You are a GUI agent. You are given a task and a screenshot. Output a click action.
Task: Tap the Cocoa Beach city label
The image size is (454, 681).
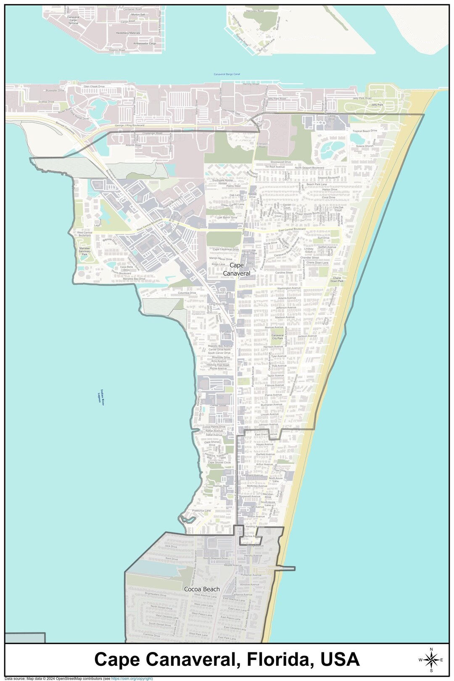point(202,589)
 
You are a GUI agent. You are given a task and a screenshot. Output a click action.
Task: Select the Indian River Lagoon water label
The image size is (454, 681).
point(100,395)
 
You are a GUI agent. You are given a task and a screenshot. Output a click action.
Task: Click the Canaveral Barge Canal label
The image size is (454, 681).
point(227,74)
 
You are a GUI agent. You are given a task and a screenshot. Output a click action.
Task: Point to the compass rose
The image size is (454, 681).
point(431,660)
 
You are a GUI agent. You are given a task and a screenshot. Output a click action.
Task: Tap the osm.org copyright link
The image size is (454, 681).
point(132,678)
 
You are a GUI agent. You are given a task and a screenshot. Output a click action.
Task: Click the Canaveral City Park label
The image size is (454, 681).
point(277,337)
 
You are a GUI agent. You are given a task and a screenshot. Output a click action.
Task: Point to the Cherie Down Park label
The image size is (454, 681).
point(337,280)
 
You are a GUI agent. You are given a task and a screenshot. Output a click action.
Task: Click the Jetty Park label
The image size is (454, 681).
point(377,104)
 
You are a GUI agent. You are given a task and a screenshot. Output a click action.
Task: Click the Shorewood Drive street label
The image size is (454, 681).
point(281,161)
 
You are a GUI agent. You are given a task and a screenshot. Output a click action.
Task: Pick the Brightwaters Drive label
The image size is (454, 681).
point(156,594)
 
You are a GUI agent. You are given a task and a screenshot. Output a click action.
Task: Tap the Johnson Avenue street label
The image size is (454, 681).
point(269,425)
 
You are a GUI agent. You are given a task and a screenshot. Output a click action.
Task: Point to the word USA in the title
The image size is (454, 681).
point(340,659)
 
